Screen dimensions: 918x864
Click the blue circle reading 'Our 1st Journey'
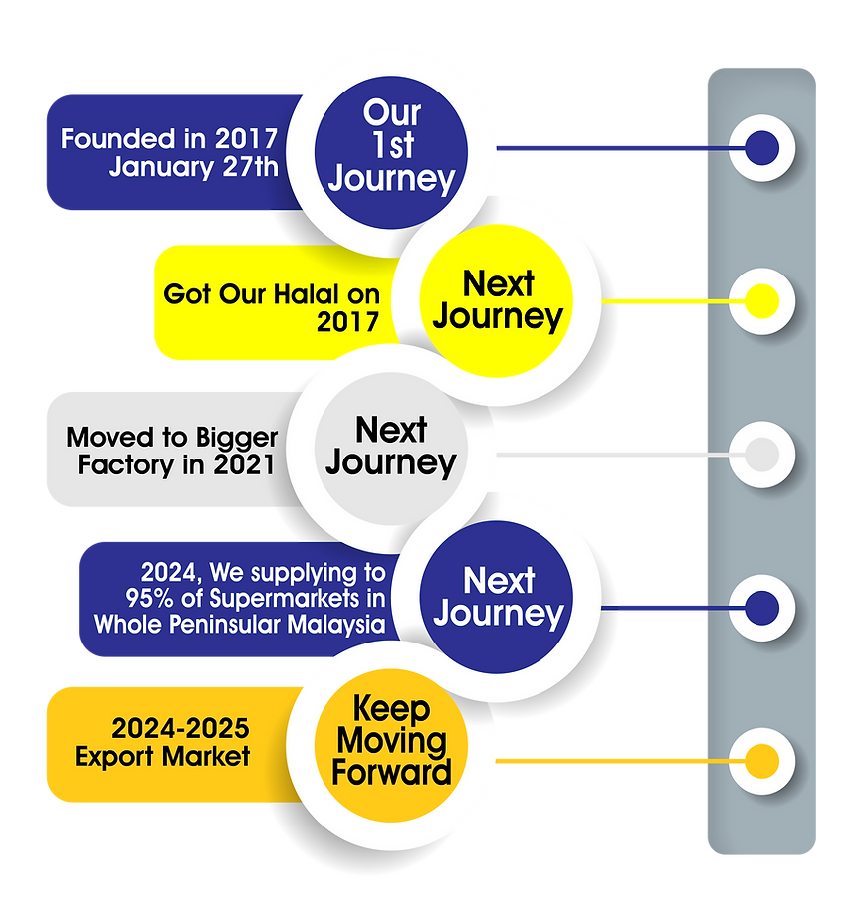[x=390, y=146]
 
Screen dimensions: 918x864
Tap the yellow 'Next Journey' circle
[x=498, y=300]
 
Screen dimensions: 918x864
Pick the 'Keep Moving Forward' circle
[x=390, y=740]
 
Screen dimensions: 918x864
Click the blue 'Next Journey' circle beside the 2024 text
[x=498, y=597]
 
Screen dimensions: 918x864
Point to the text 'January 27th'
[x=194, y=166]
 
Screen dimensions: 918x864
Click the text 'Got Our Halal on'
[x=272, y=295]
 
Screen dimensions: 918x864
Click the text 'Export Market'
[x=162, y=757]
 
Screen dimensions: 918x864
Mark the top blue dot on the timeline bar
[x=762, y=148]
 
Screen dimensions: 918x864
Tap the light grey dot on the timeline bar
[x=762, y=454]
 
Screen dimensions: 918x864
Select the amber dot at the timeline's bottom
[x=762, y=762]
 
